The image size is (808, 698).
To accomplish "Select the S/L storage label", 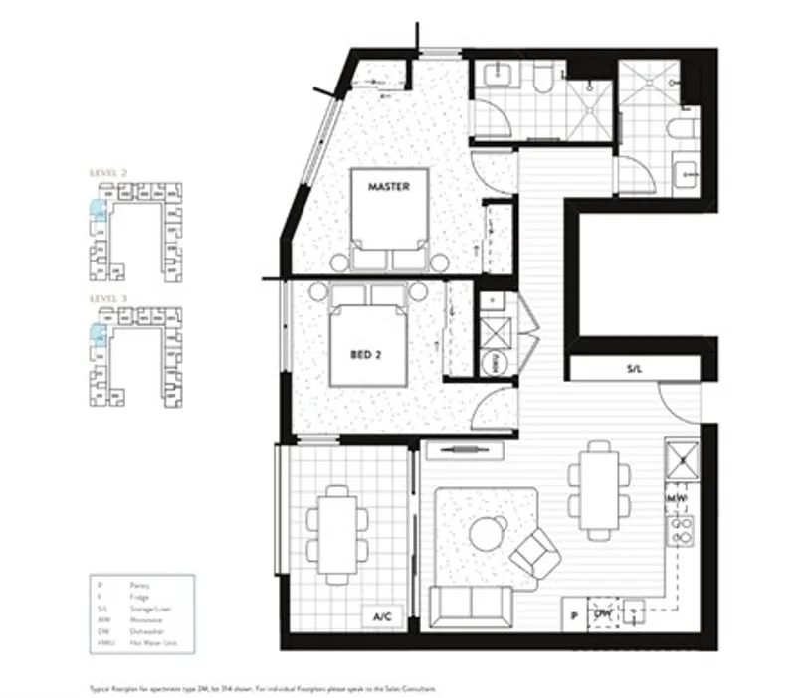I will coord(635,369).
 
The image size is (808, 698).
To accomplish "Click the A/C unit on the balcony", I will coord(382,617).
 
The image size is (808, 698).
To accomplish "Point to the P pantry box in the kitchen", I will coord(574,615).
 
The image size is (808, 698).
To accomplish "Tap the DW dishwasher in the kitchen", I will coord(602,615).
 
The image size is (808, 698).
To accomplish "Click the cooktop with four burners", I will coord(683,532).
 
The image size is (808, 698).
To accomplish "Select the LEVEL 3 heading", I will coord(108,297).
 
